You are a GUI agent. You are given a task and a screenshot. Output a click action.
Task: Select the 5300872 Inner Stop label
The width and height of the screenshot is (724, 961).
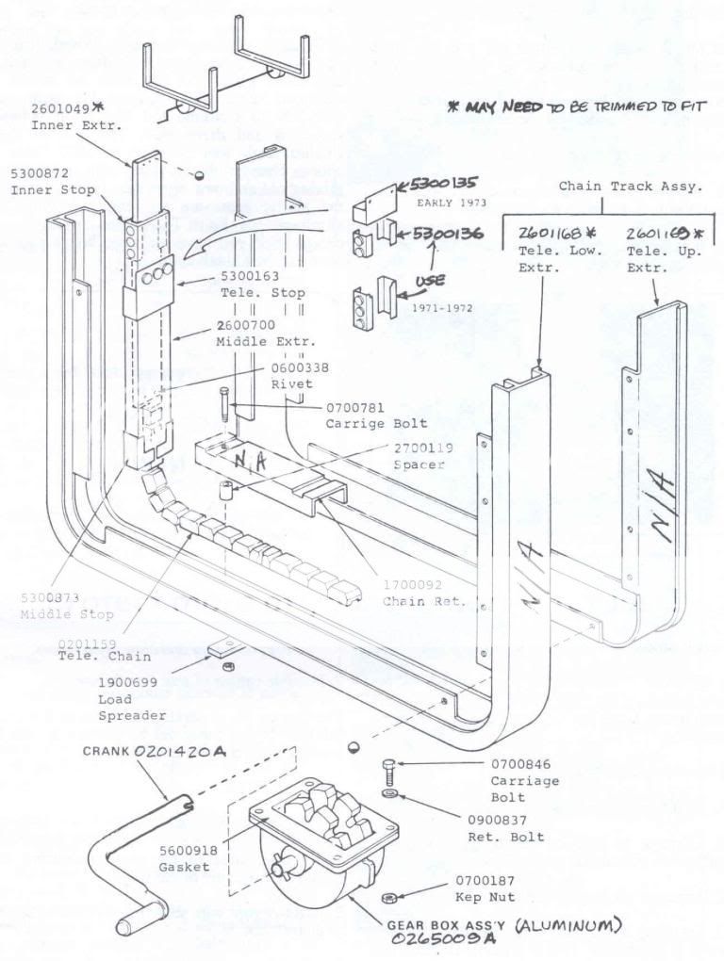(40, 174)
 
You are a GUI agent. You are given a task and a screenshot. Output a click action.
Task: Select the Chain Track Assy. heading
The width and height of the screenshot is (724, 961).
(630, 187)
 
